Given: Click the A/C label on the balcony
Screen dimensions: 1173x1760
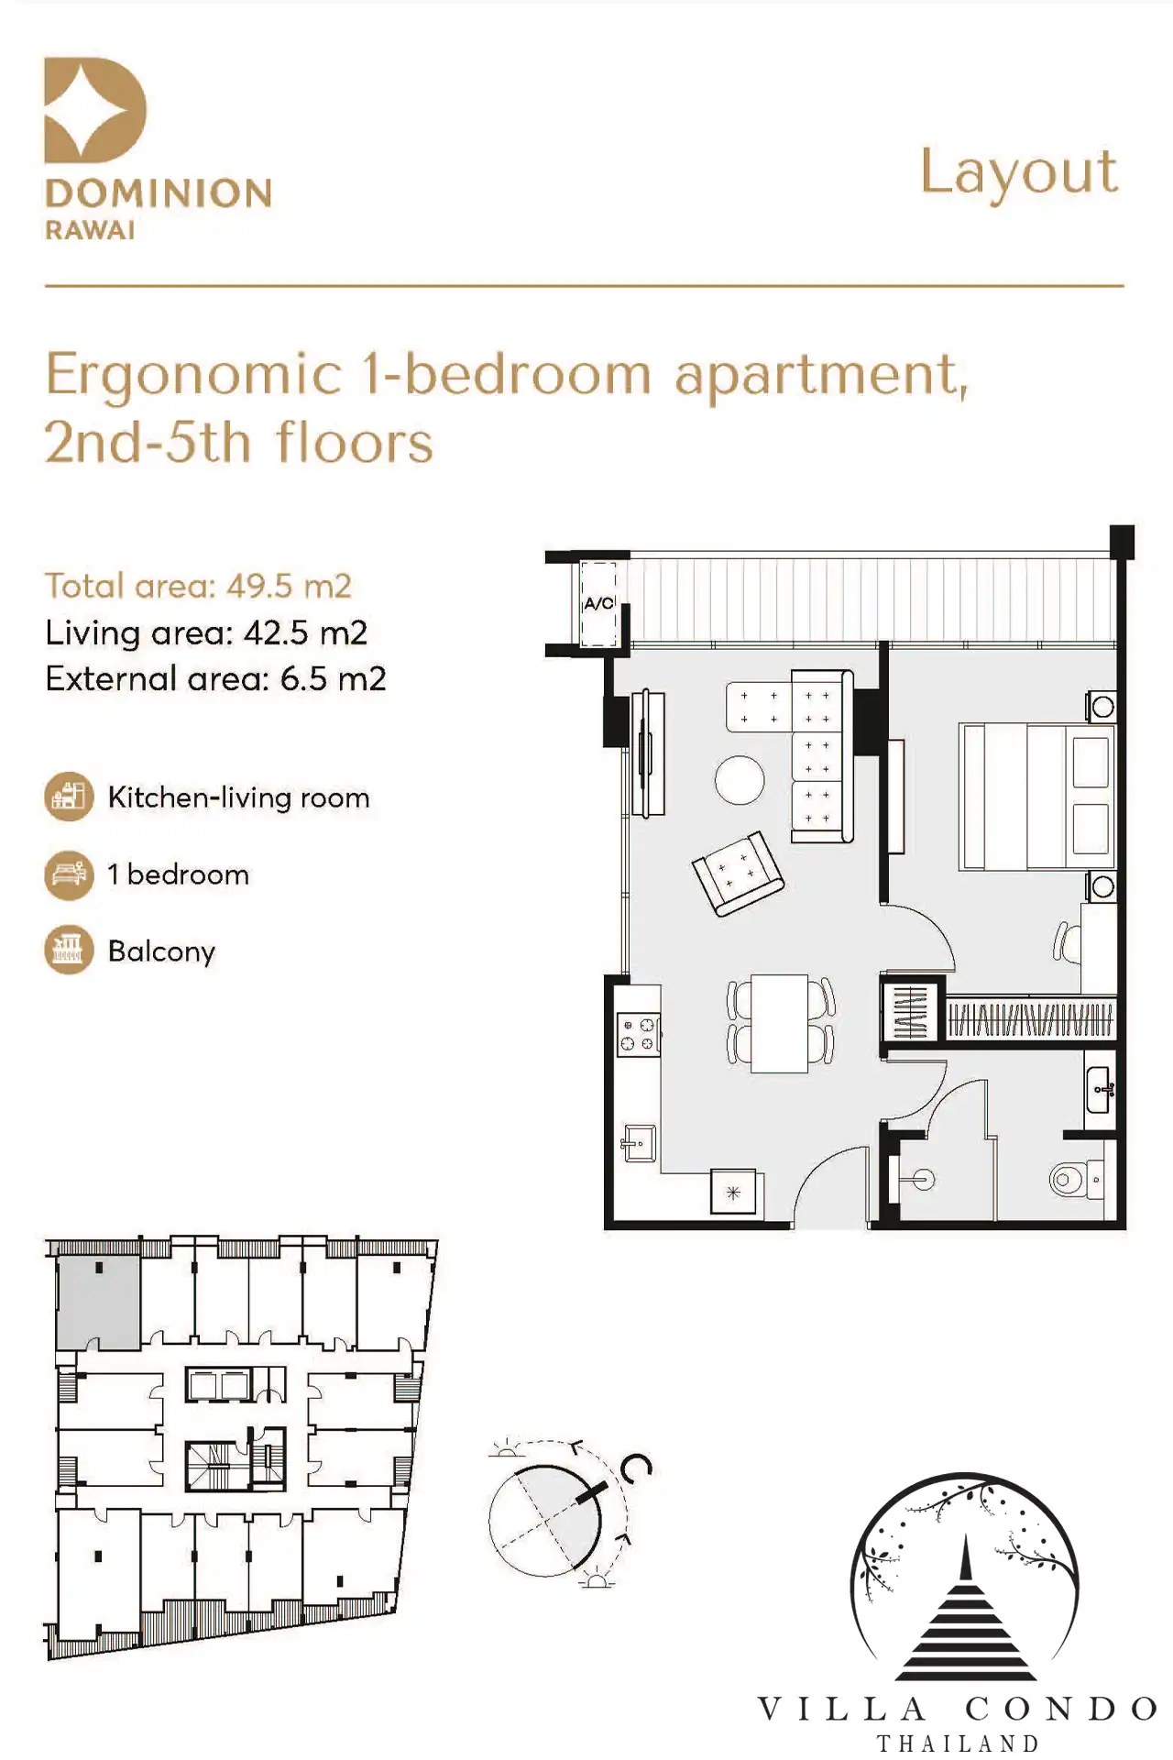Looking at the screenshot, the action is [x=599, y=603].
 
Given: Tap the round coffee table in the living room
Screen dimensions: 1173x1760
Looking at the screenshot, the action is [x=740, y=780].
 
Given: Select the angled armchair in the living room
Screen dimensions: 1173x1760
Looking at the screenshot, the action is [x=738, y=873].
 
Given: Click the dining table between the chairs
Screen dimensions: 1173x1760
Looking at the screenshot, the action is [x=780, y=1023].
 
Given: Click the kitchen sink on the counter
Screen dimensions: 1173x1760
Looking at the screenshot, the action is [x=639, y=1143].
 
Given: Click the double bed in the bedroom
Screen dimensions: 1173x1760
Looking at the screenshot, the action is [x=1037, y=797].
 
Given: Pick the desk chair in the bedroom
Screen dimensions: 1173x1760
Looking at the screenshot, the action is [x=1066, y=942].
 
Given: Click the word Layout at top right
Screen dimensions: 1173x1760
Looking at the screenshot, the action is [x=1019, y=172].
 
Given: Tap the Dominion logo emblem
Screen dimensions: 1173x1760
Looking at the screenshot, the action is [x=95, y=110].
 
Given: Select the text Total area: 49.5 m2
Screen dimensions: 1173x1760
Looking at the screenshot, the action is [x=199, y=586].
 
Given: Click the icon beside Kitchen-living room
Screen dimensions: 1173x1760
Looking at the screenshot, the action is [x=69, y=797].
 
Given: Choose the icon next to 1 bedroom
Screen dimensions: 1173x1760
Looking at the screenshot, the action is [x=69, y=874].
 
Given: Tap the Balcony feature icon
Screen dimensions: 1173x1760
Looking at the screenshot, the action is [x=69, y=950].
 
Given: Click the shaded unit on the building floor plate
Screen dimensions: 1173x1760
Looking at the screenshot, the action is [x=98, y=1302].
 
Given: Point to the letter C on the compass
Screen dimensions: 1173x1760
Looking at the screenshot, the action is [x=636, y=1468].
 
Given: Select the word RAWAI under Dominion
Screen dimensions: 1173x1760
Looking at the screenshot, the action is [x=91, y=230].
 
